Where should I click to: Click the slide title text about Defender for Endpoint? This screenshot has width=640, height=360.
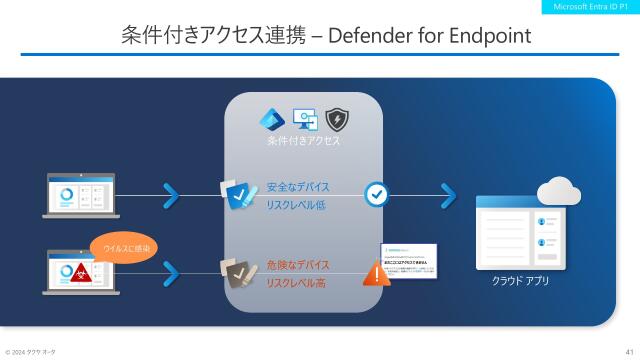[x=325, y=37]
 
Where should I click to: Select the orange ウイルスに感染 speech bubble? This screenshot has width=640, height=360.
[x=124, y=246]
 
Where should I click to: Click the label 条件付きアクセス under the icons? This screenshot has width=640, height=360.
[x=303, y=142]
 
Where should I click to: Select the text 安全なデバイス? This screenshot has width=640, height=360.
[x=297, y=186]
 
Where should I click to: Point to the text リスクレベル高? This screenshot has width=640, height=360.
[x=298, y=284]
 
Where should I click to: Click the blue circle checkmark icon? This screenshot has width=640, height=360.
[x=376, y=194]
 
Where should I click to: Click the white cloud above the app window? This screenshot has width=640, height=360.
[x=558, y=189]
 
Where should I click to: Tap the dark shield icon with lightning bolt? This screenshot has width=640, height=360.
[x=337, y=119]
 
